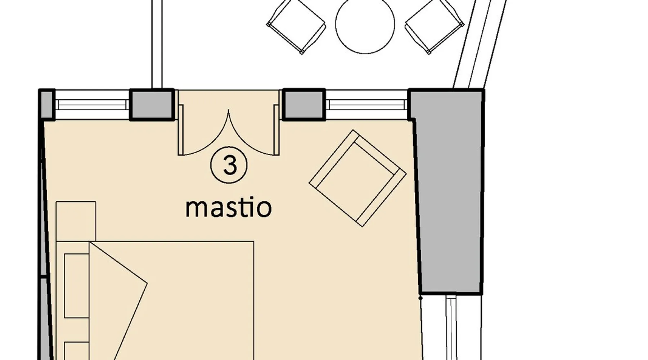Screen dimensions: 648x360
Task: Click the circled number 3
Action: pyautogui.click(x=229, y=165)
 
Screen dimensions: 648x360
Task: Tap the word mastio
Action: pyautogui.click(x=228, y=208)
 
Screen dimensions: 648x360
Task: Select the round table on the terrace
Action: pyautogui.click(x=365, y=24)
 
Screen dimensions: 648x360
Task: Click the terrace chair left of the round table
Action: pyautogui.click(x=296, y=25)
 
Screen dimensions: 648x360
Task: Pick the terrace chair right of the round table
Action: pyautogui.click(x=435, y=25)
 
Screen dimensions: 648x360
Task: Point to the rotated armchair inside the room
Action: pyautogui.click(x=357, y=178)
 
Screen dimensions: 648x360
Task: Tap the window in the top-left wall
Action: pyautogui.click(x=92, y=104)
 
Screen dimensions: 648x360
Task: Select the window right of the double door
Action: pyautogui.click(x=366, y=104)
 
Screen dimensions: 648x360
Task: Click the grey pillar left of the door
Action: pyautogui.click(x=152, y=104)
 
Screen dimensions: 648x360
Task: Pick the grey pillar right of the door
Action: pyautogui.click(x=304, y=104)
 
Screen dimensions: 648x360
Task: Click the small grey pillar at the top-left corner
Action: pyautogui.click(x=46, y=104)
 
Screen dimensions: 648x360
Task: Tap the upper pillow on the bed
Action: pyautogui.click(x=77, y=285)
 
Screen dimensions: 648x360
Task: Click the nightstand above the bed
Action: pyautogui.click(x=76, y=221)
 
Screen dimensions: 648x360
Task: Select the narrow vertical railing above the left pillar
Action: pyautogui.click(x=157, y=44)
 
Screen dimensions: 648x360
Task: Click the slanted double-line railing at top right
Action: pyautogui.click(x=479, y=44)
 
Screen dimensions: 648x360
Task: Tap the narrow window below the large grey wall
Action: pyautogui.click(x=451, y=328)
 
